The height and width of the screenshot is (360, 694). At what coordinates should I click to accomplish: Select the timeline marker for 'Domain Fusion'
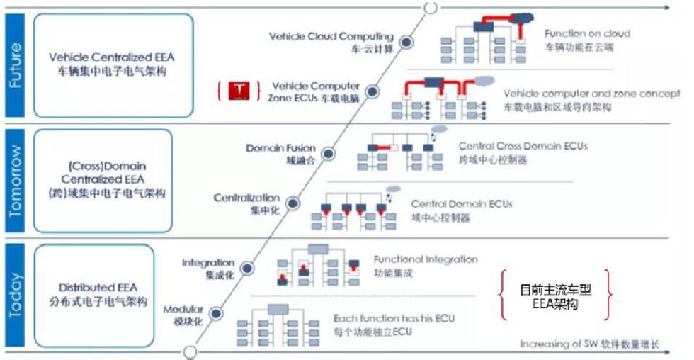click(329, 152)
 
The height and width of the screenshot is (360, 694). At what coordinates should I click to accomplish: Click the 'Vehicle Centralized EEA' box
click(113, 64)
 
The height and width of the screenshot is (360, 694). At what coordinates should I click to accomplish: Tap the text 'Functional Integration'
click(426, 259)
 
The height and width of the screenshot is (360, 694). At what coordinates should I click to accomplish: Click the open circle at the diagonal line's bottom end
click(189, 351)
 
